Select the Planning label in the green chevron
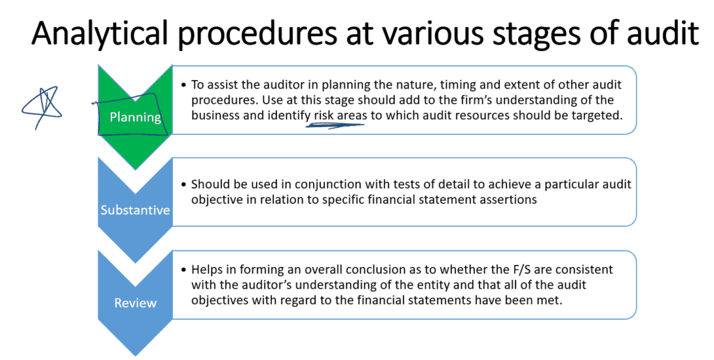click(x=135, y=117)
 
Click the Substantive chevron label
click(x=135, y=209)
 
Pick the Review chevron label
click(x=135, y=303)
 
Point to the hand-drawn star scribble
click(x=41, y=107)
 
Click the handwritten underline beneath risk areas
click(x=335, y=124)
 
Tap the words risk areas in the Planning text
click(x=340, y=115)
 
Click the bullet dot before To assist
click(x=183, y=85)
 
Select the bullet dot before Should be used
click(x=183, y=185)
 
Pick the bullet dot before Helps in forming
click(x=183, y=270)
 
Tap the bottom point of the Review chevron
click(x=135, y=356)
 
